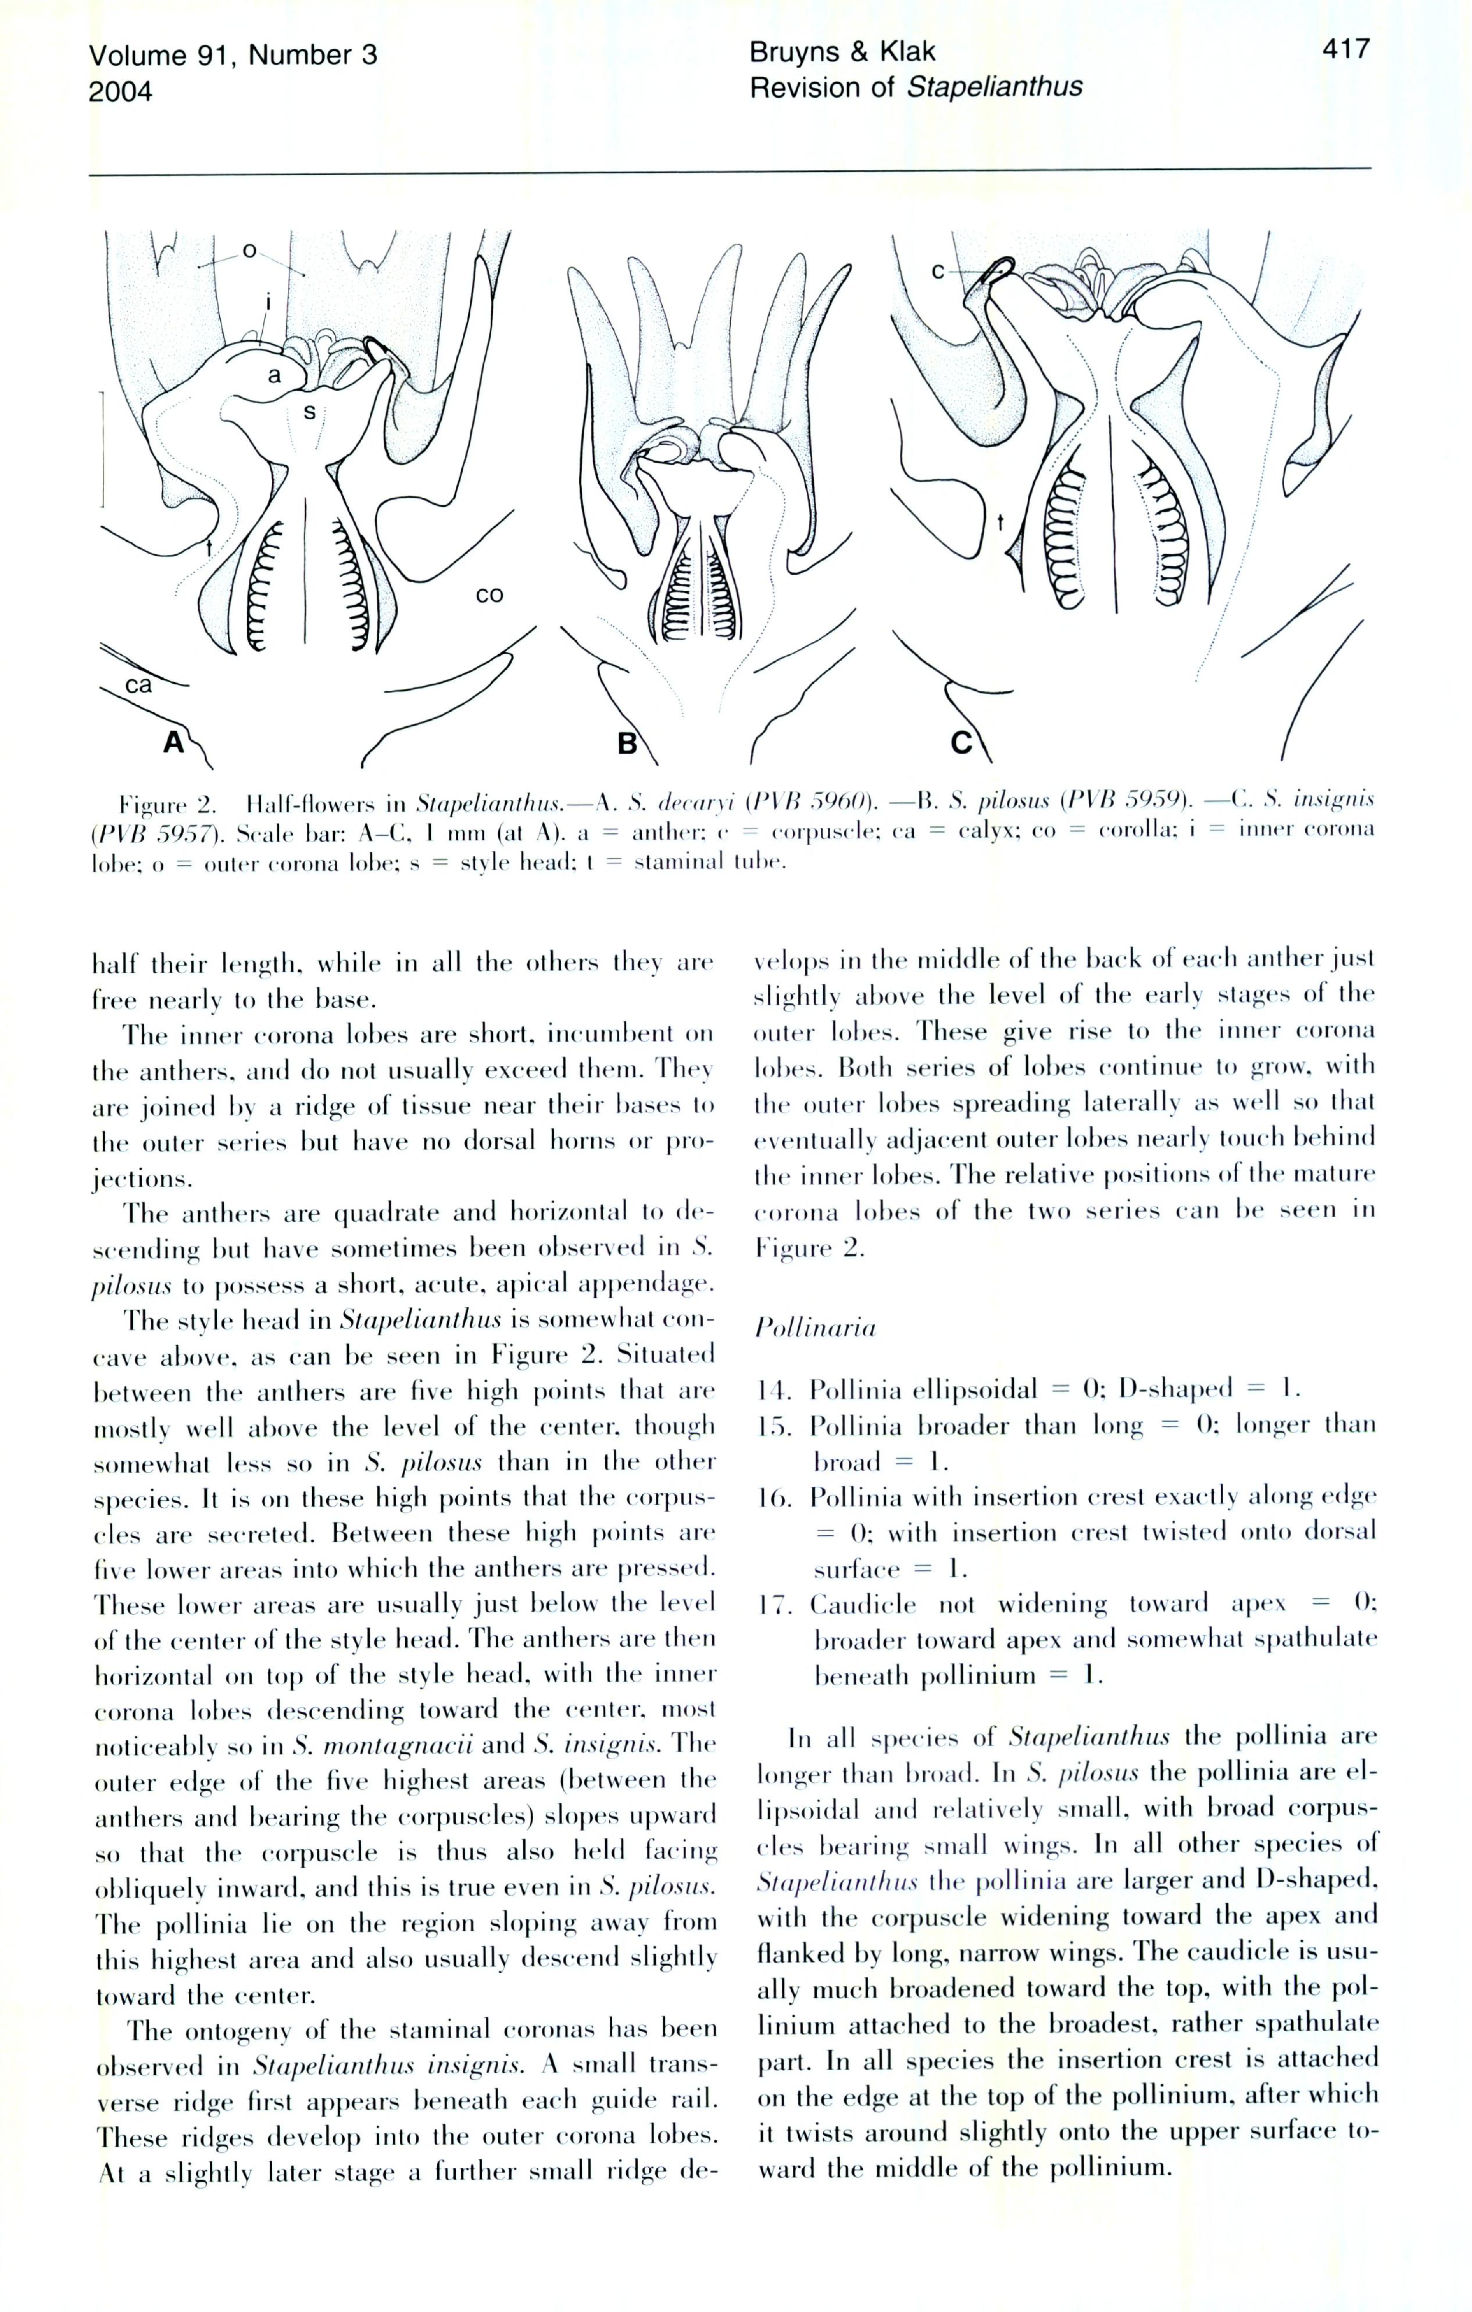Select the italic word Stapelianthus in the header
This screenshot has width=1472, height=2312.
[x=995, y=87]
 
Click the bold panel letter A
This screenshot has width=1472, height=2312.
[x=173, y=741]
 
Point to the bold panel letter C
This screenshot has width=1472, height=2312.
[x=961, y=742]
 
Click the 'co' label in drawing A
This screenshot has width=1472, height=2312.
[x=489, y=595]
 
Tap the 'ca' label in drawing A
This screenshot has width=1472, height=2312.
[x=138, y=684]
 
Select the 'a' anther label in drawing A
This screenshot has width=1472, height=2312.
[x=274, y=376]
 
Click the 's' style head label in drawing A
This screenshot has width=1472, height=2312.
[x=309, y=412]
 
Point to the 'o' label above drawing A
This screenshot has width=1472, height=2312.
[x=249, y=252]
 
